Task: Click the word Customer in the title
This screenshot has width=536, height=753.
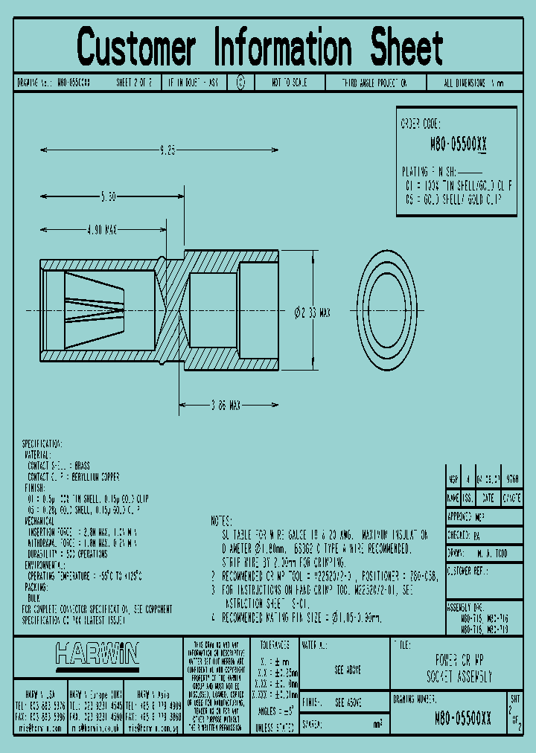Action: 136,47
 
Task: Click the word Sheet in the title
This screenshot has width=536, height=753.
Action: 406,47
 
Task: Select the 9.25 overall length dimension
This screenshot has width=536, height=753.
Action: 167,150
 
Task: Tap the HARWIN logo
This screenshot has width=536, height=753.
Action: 97,655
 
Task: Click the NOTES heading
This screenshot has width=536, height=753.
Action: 222,520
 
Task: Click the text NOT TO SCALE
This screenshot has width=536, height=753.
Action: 289,83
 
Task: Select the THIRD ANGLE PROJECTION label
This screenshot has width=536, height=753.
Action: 374,83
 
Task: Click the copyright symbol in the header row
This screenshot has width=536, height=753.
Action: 240,83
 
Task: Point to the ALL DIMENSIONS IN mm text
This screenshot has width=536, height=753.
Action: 473,83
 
